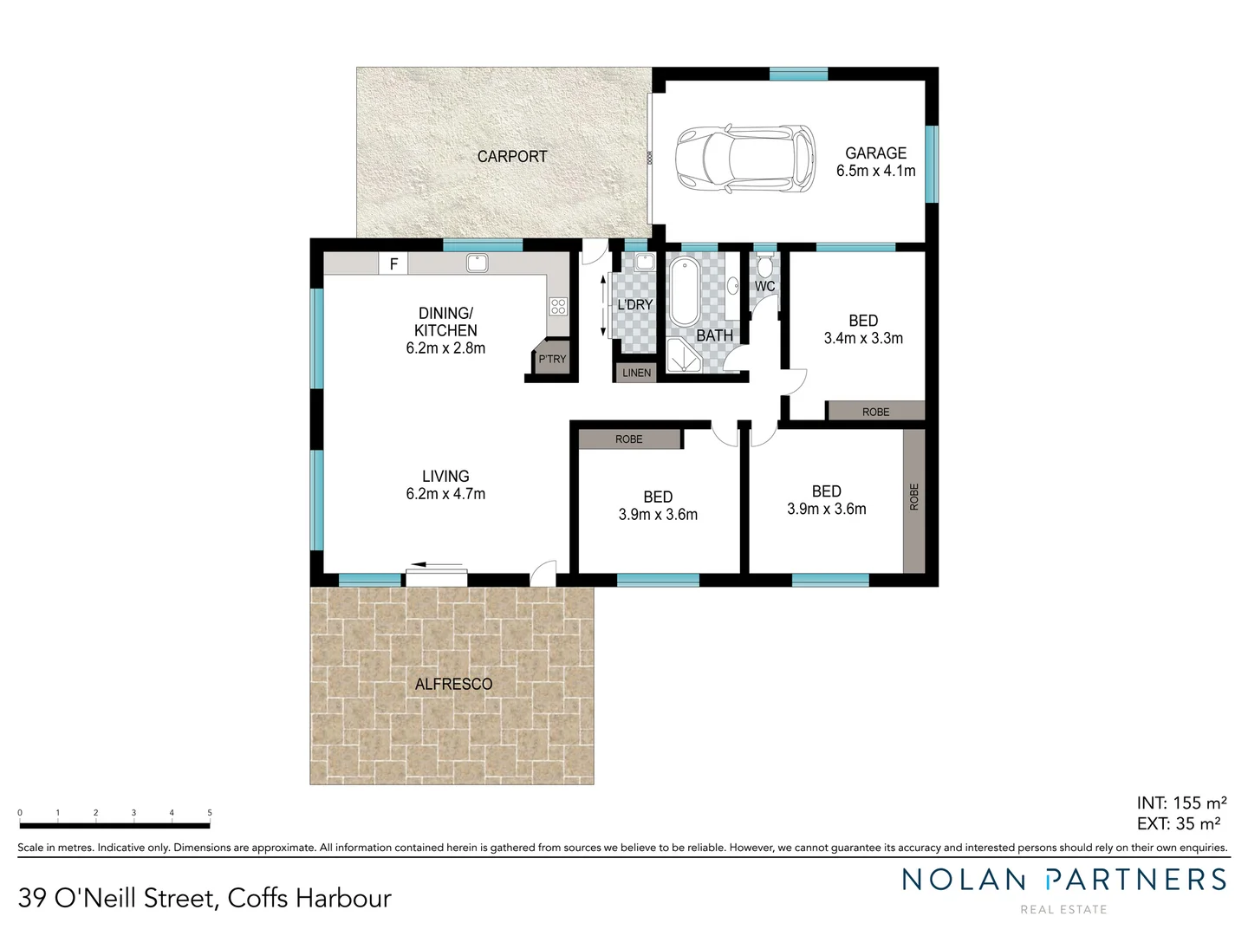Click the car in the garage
click(746, 159)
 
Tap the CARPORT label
click(512, 157)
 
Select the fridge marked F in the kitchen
click(393, 263)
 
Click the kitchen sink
click(477, 262)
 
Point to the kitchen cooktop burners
click(558, 306)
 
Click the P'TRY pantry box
click(551, 359)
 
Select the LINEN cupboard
click(636, 373)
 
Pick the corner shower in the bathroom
click(684, 355)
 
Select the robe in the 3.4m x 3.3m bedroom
click(875, 411)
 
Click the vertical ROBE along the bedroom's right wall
click(913, 500)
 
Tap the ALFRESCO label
click(453, 684)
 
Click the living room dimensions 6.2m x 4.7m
click(445, 494)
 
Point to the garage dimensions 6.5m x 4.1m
click(875, 171)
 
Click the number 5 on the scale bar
click(210, 813)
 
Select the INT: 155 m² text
click(1181, 803)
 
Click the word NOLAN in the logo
click(964, 880)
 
